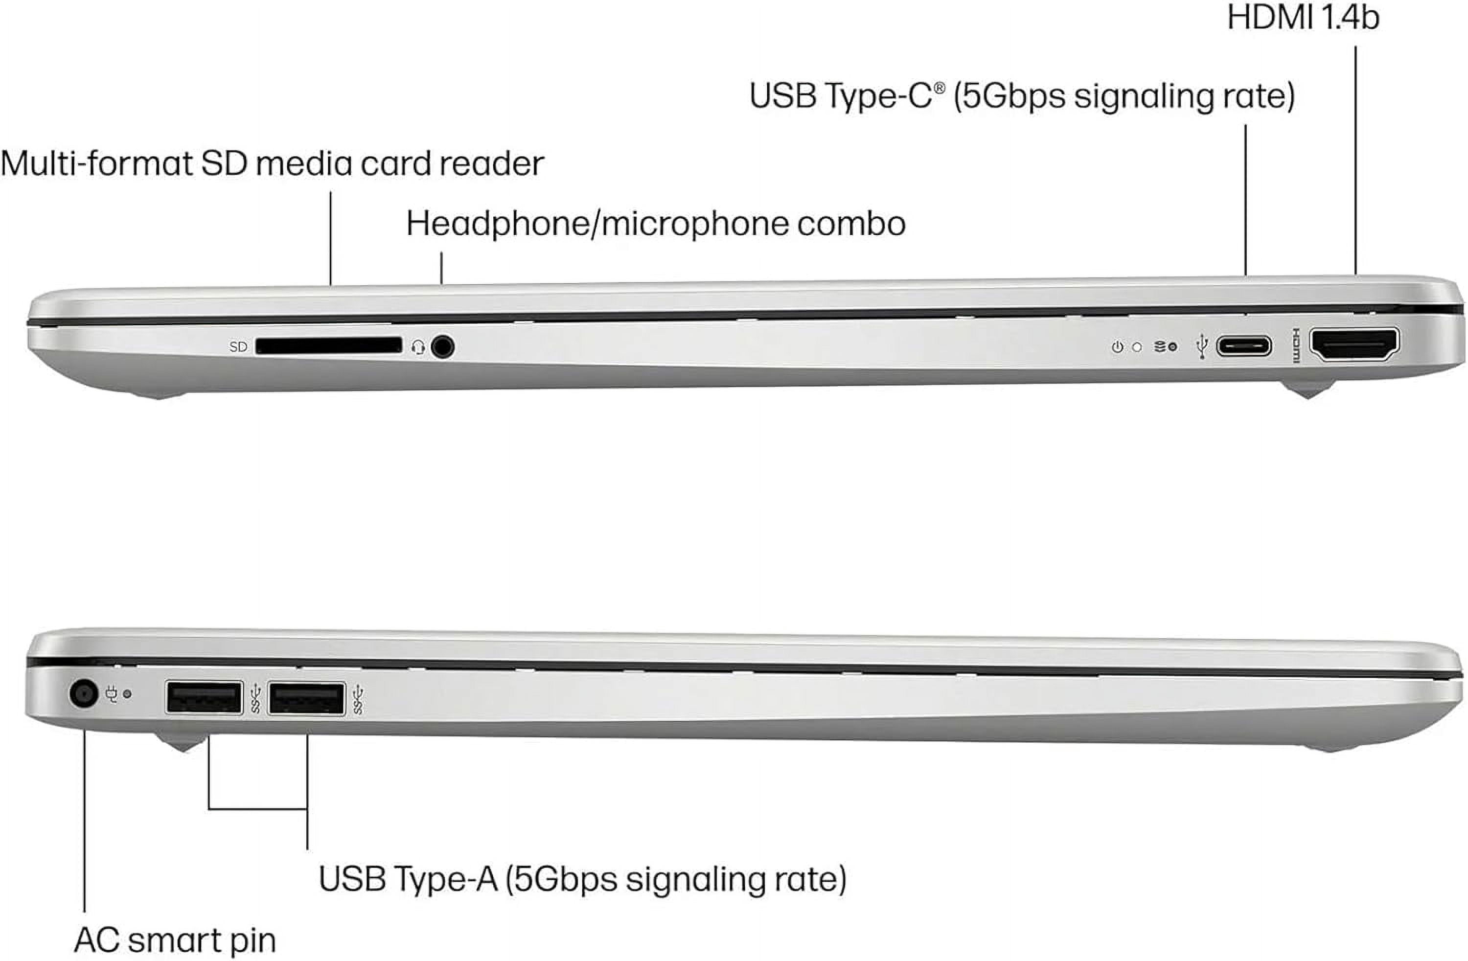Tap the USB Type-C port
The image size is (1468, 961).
(1243, 346)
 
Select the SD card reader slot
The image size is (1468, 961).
(328, 346)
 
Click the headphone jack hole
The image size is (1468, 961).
(442, 346)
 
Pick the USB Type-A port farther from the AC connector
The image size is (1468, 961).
(306, 699)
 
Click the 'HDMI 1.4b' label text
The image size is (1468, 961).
(1303, 17)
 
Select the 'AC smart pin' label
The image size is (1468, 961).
(175, 940)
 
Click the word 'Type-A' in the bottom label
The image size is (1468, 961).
(445, 878)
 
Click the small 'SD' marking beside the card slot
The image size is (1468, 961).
(238, 346)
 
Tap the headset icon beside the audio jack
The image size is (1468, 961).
(418, 347)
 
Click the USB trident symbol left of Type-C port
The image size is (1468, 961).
(1201, 346)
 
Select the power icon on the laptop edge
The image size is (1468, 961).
(1117, 347)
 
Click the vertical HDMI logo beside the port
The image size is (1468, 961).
(1295, 345)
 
